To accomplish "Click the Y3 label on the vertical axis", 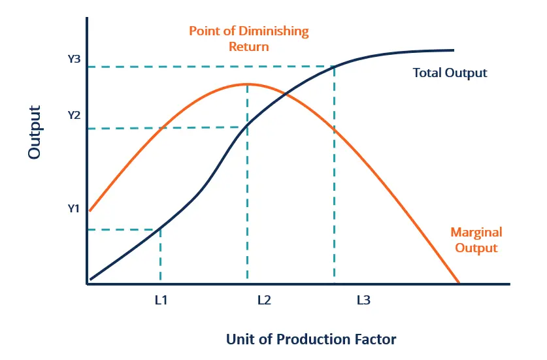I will click(73, 59).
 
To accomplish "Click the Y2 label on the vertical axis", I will click(73, 115).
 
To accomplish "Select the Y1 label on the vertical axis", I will click(73, 209).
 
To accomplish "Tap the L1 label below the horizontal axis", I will click(161, 301).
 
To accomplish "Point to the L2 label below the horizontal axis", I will click(263, 301).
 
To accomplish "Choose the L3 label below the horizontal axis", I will click(363, 301).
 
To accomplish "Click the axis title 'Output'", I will click(34, 132).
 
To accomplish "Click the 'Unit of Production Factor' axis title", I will click(311, 339).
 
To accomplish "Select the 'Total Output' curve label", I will click(450, 73).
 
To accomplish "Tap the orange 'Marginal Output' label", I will click(476, 240).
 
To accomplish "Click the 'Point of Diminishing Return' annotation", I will click(248, 39).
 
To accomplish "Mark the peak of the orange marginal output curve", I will click(247, 84).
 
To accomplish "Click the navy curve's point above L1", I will click(161, 229).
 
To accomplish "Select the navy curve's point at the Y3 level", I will click(335, 66).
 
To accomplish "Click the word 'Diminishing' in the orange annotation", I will click(277, 31).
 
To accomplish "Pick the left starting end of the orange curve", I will click(90, 210).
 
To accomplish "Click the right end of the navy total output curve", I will click(453, 50).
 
